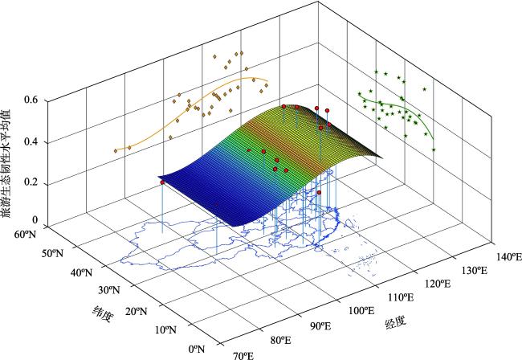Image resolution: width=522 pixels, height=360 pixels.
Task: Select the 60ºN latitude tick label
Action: click(27, 235)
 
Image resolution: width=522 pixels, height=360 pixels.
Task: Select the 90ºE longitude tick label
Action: click(320, 325)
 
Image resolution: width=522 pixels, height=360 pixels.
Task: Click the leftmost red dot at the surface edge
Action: click(163, 183)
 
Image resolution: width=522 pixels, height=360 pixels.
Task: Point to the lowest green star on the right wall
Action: click(434, 149)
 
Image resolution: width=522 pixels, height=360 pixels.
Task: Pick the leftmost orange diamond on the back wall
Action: click(116, 150)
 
